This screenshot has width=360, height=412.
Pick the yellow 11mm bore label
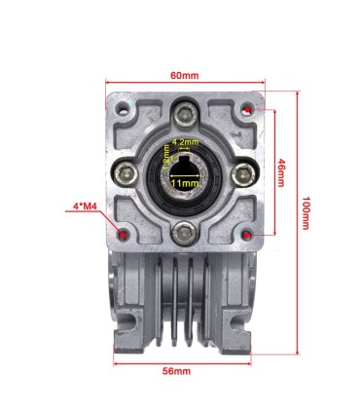tap(185, 181)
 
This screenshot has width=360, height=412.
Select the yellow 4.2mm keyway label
tap(185, 142)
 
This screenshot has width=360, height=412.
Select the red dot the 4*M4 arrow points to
tap(121, 235)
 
